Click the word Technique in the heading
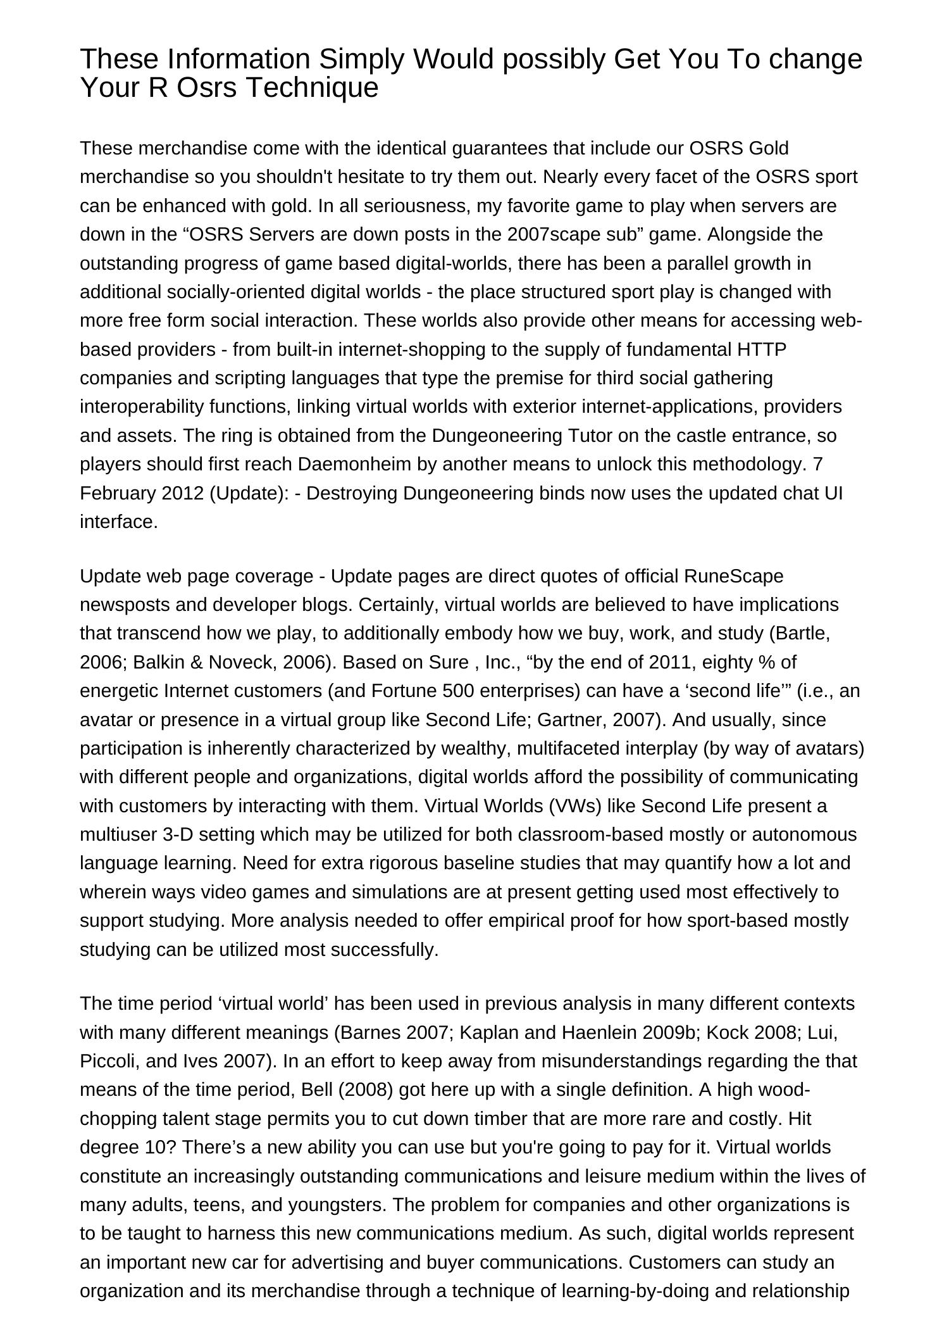(311, 87)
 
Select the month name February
(118, 493)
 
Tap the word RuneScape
(733, 576)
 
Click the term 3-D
(177, 834)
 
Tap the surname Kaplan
(483, 1032)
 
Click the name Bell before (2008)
(318, 1090)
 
